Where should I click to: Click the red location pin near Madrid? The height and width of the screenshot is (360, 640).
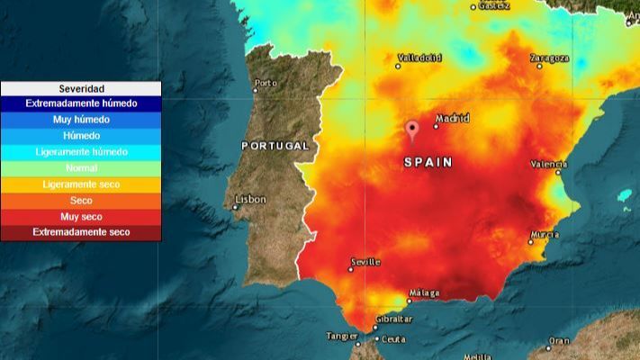412,130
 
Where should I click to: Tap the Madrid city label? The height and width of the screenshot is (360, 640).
452,118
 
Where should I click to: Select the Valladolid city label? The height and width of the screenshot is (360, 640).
419,58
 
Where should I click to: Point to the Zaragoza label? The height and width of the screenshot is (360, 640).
549,58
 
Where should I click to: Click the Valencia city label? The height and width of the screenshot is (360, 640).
548,165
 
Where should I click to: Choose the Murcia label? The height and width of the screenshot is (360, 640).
545,235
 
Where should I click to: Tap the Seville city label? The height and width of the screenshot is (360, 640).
365,262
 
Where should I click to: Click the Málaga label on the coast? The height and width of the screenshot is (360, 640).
424,293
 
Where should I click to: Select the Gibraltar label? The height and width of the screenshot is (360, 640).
393,319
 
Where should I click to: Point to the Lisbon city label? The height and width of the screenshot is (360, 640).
250,200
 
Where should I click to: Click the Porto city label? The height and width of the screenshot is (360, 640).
266,84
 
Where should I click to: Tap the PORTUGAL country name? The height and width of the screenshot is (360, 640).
275,145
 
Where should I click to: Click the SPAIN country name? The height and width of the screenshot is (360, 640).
428,163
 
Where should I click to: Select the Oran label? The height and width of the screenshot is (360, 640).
560,341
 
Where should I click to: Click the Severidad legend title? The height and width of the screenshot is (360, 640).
81,89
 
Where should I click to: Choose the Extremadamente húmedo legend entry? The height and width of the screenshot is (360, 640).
81,103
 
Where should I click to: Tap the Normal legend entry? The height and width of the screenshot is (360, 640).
81,168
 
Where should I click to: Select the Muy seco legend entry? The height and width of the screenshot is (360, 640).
81,217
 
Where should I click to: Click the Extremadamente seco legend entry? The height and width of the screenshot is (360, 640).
81,232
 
